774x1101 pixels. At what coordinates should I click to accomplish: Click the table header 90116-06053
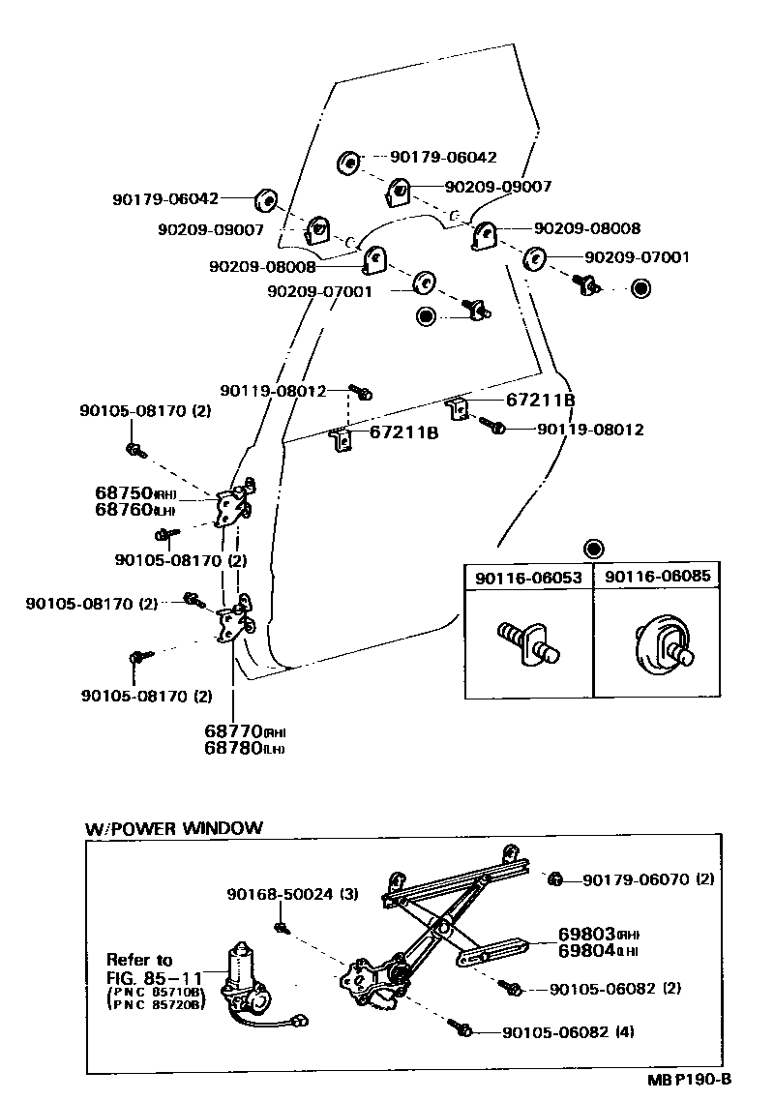tap(528, 578)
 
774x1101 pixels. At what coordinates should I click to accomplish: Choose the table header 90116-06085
tap(658, 577)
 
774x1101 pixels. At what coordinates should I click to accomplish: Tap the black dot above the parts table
tap(593, 547)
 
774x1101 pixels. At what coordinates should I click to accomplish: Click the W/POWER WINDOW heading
tap(174, 828)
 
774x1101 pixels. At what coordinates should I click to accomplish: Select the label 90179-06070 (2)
tap(648, 879)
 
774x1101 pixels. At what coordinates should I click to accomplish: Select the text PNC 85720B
tap(157, 1005)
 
